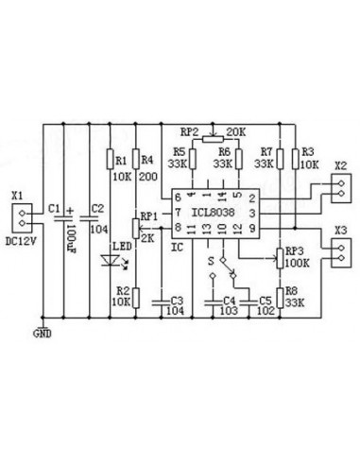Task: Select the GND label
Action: pos(43,333)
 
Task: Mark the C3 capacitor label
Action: pos(174,299)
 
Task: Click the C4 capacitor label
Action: pos(228,299)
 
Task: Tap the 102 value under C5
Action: pos(266,310)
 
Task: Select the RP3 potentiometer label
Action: pos(296,250)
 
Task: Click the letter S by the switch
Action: pos(210,256)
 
